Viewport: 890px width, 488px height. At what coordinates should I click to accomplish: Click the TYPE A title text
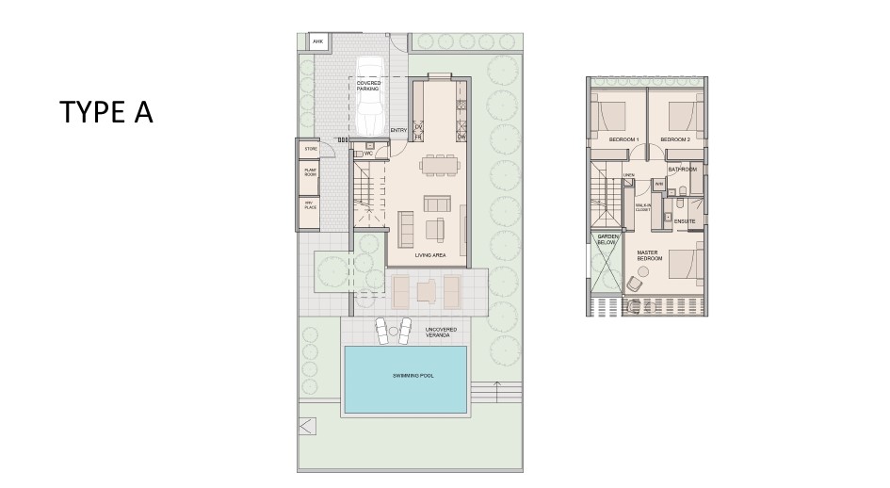click(105, 112)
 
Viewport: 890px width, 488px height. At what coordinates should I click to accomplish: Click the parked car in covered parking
click(368, 99)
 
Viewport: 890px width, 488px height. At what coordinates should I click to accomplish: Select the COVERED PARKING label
click(368, 86)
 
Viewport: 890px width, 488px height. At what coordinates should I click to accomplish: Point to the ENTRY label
click(398, 130)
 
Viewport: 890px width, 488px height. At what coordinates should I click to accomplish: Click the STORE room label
click(308, 148)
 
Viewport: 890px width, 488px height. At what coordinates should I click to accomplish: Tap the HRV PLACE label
click(308, 204)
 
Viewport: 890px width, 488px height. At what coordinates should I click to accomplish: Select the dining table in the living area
click(437, 166)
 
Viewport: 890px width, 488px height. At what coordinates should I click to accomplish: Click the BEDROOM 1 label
click(624, 140)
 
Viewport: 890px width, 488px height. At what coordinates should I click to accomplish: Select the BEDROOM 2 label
click(675, 140)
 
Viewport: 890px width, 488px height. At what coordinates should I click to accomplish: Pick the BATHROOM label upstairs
click(683, 170)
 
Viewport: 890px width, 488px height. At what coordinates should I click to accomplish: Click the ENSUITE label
click(685, 222)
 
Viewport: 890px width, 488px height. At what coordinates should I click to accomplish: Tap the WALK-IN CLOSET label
click(644, 207)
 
